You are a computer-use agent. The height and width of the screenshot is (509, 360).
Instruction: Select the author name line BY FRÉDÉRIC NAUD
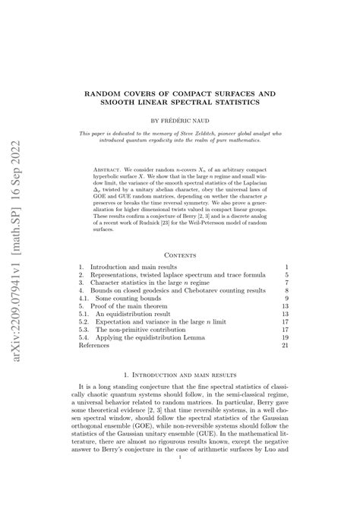coord(180,120)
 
